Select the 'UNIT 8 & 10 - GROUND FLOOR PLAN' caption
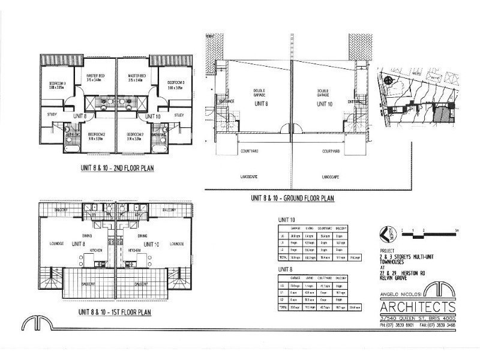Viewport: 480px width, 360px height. (293, 198)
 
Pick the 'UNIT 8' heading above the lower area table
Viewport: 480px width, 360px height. (285, 270)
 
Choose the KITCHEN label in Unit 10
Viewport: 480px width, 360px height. (134, 250)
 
